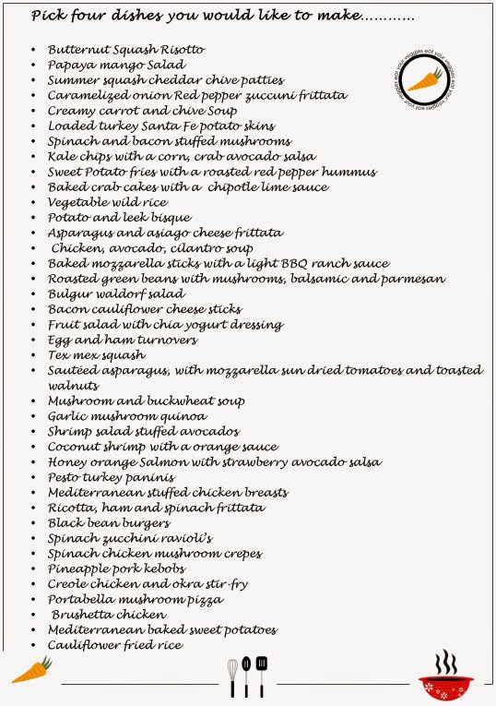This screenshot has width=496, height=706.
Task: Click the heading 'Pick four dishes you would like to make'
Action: tap(221, 16)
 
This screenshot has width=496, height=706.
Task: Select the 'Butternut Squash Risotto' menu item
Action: tap(126, 50)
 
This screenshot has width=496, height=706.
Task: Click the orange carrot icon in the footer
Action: tap(31, 669)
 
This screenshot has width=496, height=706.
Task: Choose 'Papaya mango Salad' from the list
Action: tap(116, 65)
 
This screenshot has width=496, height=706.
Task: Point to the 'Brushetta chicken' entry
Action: tap(109, 614)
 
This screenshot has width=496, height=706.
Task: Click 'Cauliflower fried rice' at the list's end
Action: tap(115, 644)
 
